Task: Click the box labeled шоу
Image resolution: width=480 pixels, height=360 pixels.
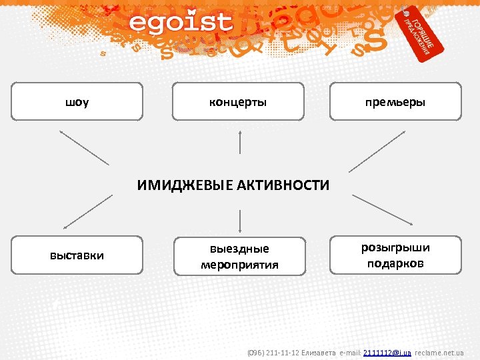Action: pos(77,102)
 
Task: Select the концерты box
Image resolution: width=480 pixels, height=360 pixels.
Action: pos(238,102)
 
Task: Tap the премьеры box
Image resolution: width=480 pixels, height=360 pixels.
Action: pos(395,102)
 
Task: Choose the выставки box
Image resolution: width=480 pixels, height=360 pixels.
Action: pos(77,255)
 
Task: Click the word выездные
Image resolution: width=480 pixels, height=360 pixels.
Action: pos(239,249)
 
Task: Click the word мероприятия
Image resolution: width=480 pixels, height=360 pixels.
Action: pos(239,265)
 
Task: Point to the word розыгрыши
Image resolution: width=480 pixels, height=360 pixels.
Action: pos(395,248)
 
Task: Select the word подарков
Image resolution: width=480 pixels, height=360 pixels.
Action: pos(395,263)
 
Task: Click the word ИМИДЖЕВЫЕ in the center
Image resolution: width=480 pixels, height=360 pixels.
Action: pos(185,185)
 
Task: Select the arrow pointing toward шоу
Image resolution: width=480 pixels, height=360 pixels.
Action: pos(84,147)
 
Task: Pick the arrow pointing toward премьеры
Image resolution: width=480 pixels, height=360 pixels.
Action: pos(377,150)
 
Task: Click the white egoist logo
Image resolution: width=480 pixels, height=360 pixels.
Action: pos(181,23)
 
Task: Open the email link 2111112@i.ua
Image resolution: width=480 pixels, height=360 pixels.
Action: pos(387,352)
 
